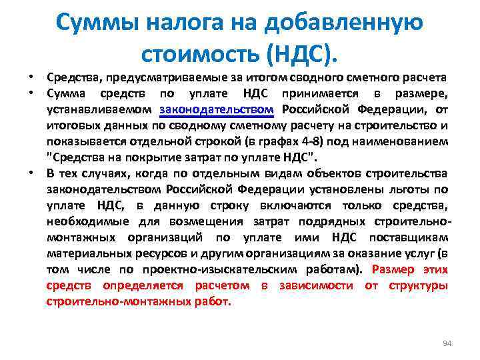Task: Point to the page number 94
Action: pyautogui.click(x=447, y=343)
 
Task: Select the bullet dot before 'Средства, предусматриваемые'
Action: pyautogui.click(x=31, y=78)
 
